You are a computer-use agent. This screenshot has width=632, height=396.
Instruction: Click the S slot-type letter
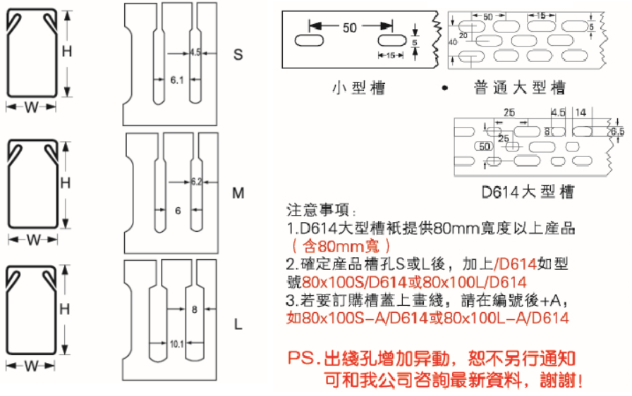click(x=238, y=54)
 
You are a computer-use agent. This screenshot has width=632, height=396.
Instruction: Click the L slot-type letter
click(x=238, y=325)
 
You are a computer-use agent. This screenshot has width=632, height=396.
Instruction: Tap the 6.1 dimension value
click(x=176, y=80)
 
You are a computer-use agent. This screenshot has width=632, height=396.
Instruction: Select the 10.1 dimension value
click(x=177, y=344)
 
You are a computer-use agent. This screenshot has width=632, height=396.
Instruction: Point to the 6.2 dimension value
click(x=196, y=182)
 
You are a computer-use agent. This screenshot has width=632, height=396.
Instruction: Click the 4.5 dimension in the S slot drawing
click(x=196, y=51)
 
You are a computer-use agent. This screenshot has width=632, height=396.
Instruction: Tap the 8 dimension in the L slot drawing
click(x=194, y=309)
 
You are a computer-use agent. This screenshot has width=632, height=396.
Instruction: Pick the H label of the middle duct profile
click(x=66, y=183)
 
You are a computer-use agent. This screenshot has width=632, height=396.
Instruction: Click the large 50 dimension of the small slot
click(x=350, y=27)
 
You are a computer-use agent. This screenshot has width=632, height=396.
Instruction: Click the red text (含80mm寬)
click(x=331, y=247)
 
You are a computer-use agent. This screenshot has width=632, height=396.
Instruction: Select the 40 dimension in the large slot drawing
click(x=453, y=42)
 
